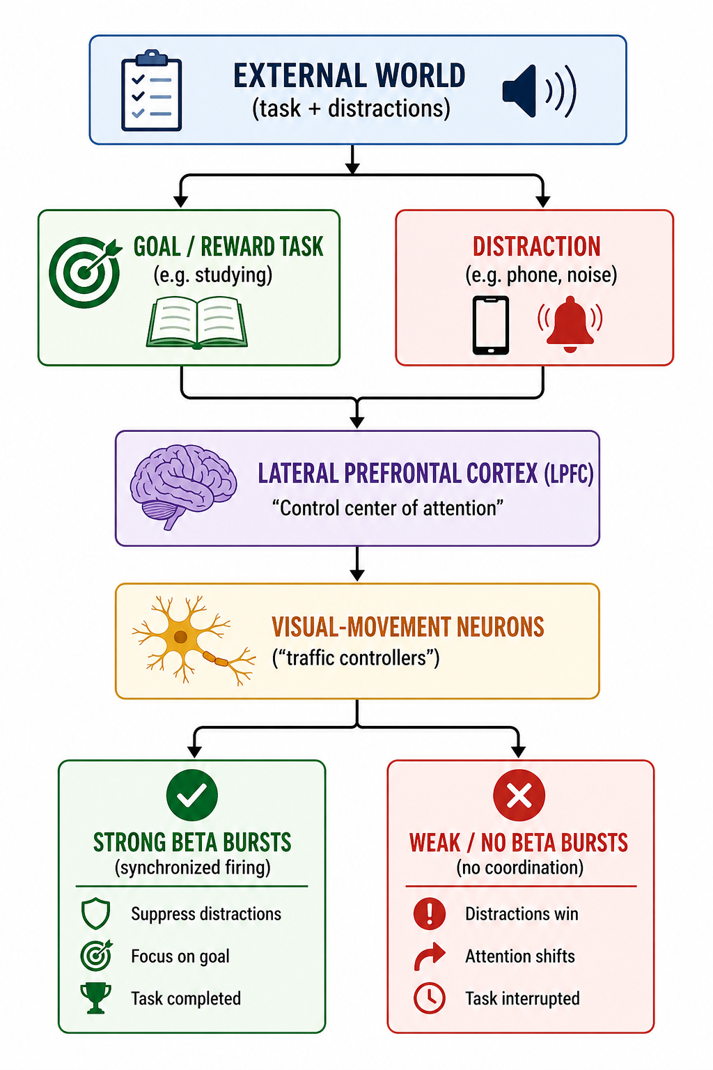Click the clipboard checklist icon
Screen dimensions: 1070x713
[152, 91]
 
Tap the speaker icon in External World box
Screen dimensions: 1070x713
[538, 91]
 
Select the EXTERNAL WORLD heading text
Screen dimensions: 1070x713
[349, 76]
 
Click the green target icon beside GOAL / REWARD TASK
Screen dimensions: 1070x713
[84, 272]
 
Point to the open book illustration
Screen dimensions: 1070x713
[197, 322]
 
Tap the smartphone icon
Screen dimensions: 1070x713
[491, 325]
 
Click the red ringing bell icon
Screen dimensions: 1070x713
[570, 323]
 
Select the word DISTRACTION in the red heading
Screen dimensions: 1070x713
[536, 247]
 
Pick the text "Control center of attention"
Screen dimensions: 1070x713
[387, 508]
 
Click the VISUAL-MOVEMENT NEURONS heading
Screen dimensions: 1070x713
[407, 627]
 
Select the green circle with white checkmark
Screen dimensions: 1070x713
[192, 795]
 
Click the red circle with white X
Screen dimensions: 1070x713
[519, 795]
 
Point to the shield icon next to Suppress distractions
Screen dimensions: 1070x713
[95, 914]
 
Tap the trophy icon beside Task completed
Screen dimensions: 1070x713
[95, 998]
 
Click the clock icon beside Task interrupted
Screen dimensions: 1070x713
[430, 998]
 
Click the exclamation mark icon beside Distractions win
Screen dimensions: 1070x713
[430, 913]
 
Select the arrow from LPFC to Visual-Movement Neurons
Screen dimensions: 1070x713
[357, 564]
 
